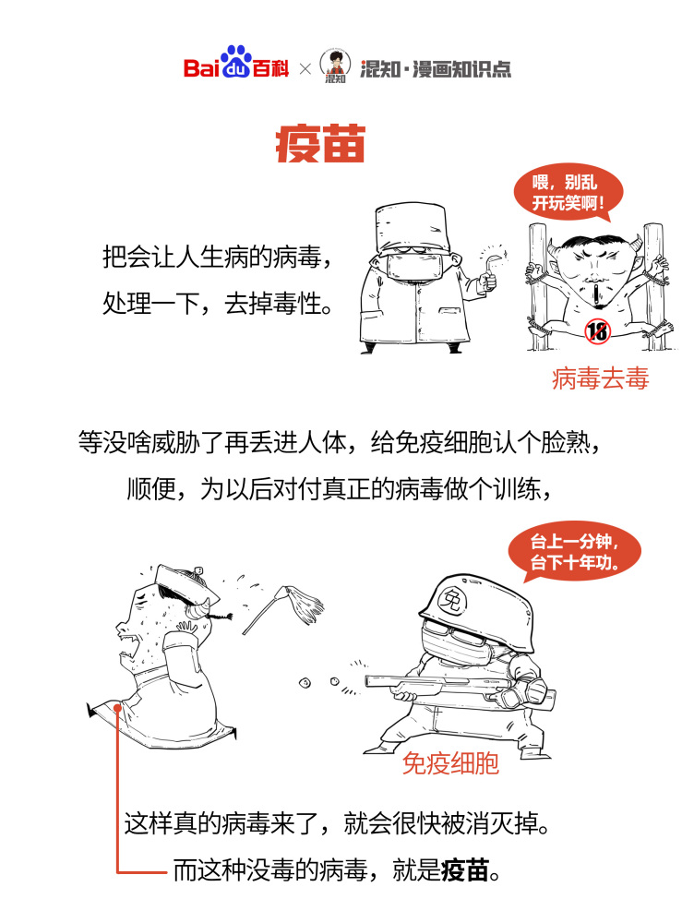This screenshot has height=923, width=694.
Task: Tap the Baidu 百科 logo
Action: click(x=236, y=67)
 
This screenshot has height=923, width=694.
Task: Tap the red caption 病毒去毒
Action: click(x=600, y=378)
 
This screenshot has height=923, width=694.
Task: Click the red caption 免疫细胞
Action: click(x=450, y=763)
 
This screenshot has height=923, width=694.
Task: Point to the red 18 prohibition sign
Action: click(x=597, y=330)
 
